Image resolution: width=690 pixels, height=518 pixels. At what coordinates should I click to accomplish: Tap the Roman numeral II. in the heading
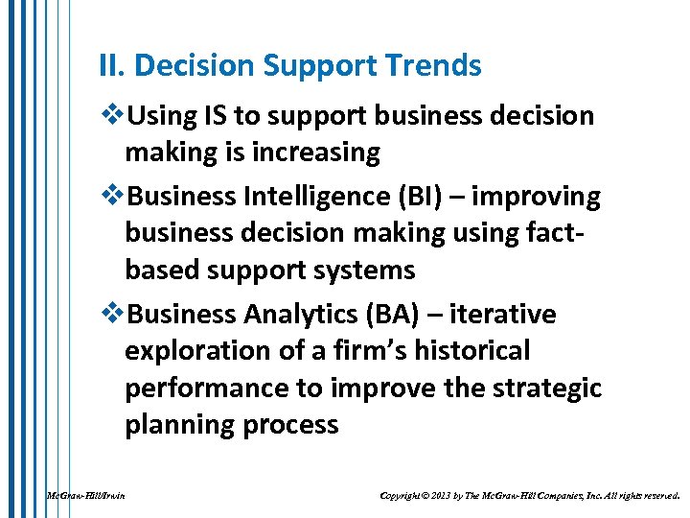(112, 66)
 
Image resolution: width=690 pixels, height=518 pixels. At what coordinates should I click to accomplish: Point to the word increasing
(319, 153)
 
